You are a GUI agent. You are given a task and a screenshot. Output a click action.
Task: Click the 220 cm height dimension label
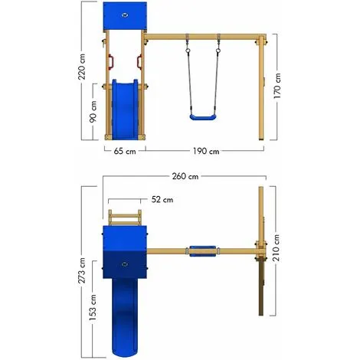point(82,67)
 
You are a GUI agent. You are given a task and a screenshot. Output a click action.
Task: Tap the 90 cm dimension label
point(93,112)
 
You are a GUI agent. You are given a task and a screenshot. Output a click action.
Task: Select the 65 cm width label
point(125,151)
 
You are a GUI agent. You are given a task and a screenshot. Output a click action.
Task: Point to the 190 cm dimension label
point(206,151)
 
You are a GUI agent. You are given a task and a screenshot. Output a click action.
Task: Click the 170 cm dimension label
point(277,86)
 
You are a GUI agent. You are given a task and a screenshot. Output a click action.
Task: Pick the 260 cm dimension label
point(185,176)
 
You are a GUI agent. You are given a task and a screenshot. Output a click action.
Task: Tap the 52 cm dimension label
point(162,199)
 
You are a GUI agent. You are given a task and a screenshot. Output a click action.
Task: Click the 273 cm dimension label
point(82,270)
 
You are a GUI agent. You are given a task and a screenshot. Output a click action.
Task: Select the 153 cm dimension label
point(93,307)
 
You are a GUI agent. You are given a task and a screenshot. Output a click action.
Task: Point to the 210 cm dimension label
point(276,247)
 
